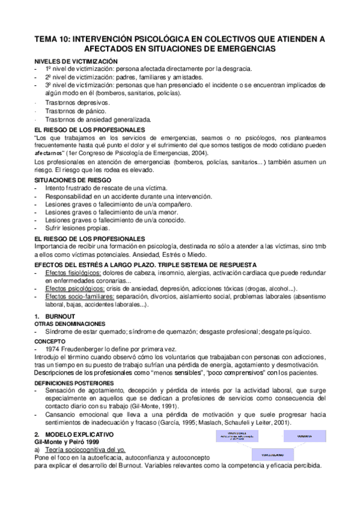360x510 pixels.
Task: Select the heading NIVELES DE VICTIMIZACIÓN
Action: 76,62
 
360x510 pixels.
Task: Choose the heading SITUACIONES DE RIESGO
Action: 71,180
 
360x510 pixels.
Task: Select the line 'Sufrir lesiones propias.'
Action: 78,229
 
